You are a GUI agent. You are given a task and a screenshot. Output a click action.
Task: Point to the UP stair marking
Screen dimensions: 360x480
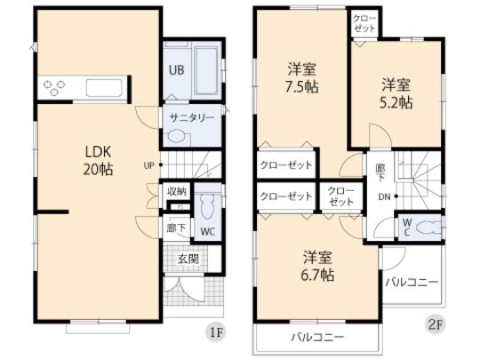(149, 165)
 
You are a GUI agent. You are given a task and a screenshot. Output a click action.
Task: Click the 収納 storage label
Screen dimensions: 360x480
(176, 191)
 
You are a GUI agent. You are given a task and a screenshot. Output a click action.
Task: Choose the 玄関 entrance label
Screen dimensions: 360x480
(187, 259)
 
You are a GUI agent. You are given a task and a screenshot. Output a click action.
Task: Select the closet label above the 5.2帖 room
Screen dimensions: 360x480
(363, 22)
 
